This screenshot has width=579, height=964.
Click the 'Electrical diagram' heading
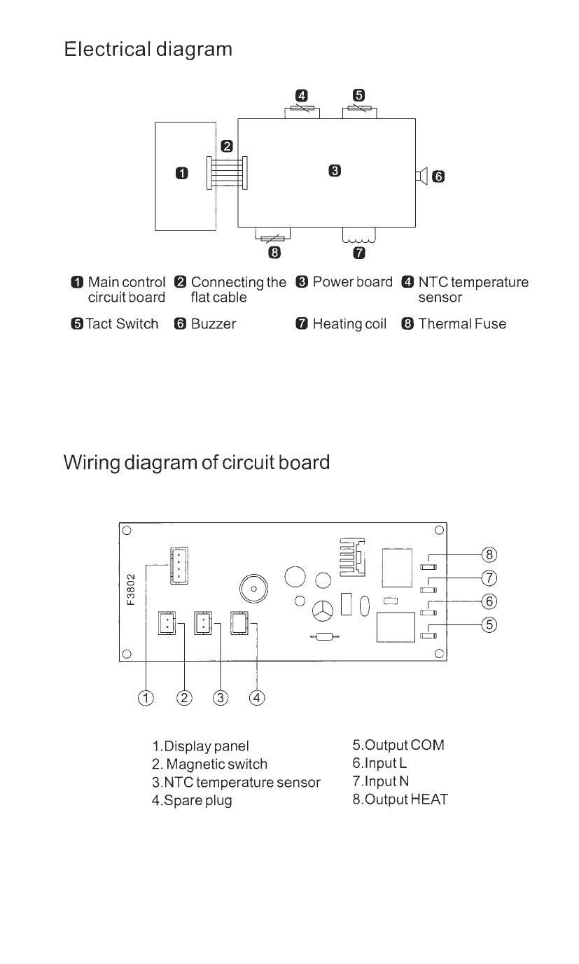click(148, 50)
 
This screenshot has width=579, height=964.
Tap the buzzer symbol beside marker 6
click(421, 176)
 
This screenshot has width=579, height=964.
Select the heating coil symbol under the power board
click(358, 236)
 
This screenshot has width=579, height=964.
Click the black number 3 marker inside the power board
click(335, 170)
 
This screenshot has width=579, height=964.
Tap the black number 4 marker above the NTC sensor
click(301, 96)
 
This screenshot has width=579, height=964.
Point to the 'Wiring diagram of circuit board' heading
click(197, 463)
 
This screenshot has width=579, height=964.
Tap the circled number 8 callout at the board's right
click(490, 554)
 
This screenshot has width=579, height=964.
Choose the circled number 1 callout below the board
click(146, 698)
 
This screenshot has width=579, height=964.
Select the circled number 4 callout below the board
click(257, 698)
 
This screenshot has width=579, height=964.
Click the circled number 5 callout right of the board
click(490, 624)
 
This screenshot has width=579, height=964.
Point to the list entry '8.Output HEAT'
click(400, 799)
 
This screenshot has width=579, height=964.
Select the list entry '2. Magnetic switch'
click(209, 764)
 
